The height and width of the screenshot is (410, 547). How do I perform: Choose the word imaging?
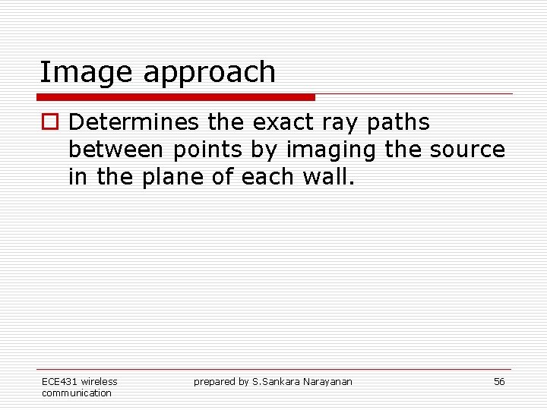pos(331,151)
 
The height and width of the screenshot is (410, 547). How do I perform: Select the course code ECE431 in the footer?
pos(59,382)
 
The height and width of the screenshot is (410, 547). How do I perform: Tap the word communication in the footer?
pos(76,393)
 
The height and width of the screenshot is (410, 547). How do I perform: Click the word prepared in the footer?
pos(216,382)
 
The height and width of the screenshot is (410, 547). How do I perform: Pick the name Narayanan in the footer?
pos(327,382)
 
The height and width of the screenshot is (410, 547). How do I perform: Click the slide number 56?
pos(499,382)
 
